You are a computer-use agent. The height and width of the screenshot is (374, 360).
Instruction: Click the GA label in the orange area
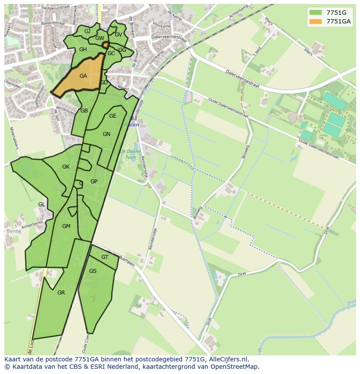click(83, 76)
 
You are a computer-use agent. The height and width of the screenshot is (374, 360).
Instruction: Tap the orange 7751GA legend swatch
click(316, 21)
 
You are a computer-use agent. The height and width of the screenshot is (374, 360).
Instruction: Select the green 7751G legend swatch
click(316, 12)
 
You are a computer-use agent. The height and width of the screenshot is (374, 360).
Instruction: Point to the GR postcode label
click(61, 293)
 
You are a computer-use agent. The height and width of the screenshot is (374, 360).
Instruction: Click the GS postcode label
click(93, 271)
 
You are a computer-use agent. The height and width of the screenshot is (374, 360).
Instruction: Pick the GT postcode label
click(104, 257)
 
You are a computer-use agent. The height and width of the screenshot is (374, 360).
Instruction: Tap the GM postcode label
click(66, 226)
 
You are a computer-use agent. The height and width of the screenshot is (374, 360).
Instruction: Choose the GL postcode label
click(42, 205)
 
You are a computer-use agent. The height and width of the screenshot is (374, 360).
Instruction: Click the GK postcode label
click(66, 167)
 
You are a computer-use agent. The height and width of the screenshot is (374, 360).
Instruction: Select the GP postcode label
click(94, 182)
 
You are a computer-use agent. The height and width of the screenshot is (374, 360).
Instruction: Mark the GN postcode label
click(107, 134)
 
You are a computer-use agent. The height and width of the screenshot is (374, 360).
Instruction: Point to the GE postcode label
click(113, 116)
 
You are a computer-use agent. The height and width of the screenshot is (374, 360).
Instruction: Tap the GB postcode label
click(84, 111)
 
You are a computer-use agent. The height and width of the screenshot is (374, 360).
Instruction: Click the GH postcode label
click(83, 50)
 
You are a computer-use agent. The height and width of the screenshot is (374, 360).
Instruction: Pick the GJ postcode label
click(87, 31)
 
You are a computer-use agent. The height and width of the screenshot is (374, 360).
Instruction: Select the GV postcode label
click(118, 35)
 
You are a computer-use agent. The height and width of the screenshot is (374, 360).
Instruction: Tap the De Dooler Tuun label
click(130, 154)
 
